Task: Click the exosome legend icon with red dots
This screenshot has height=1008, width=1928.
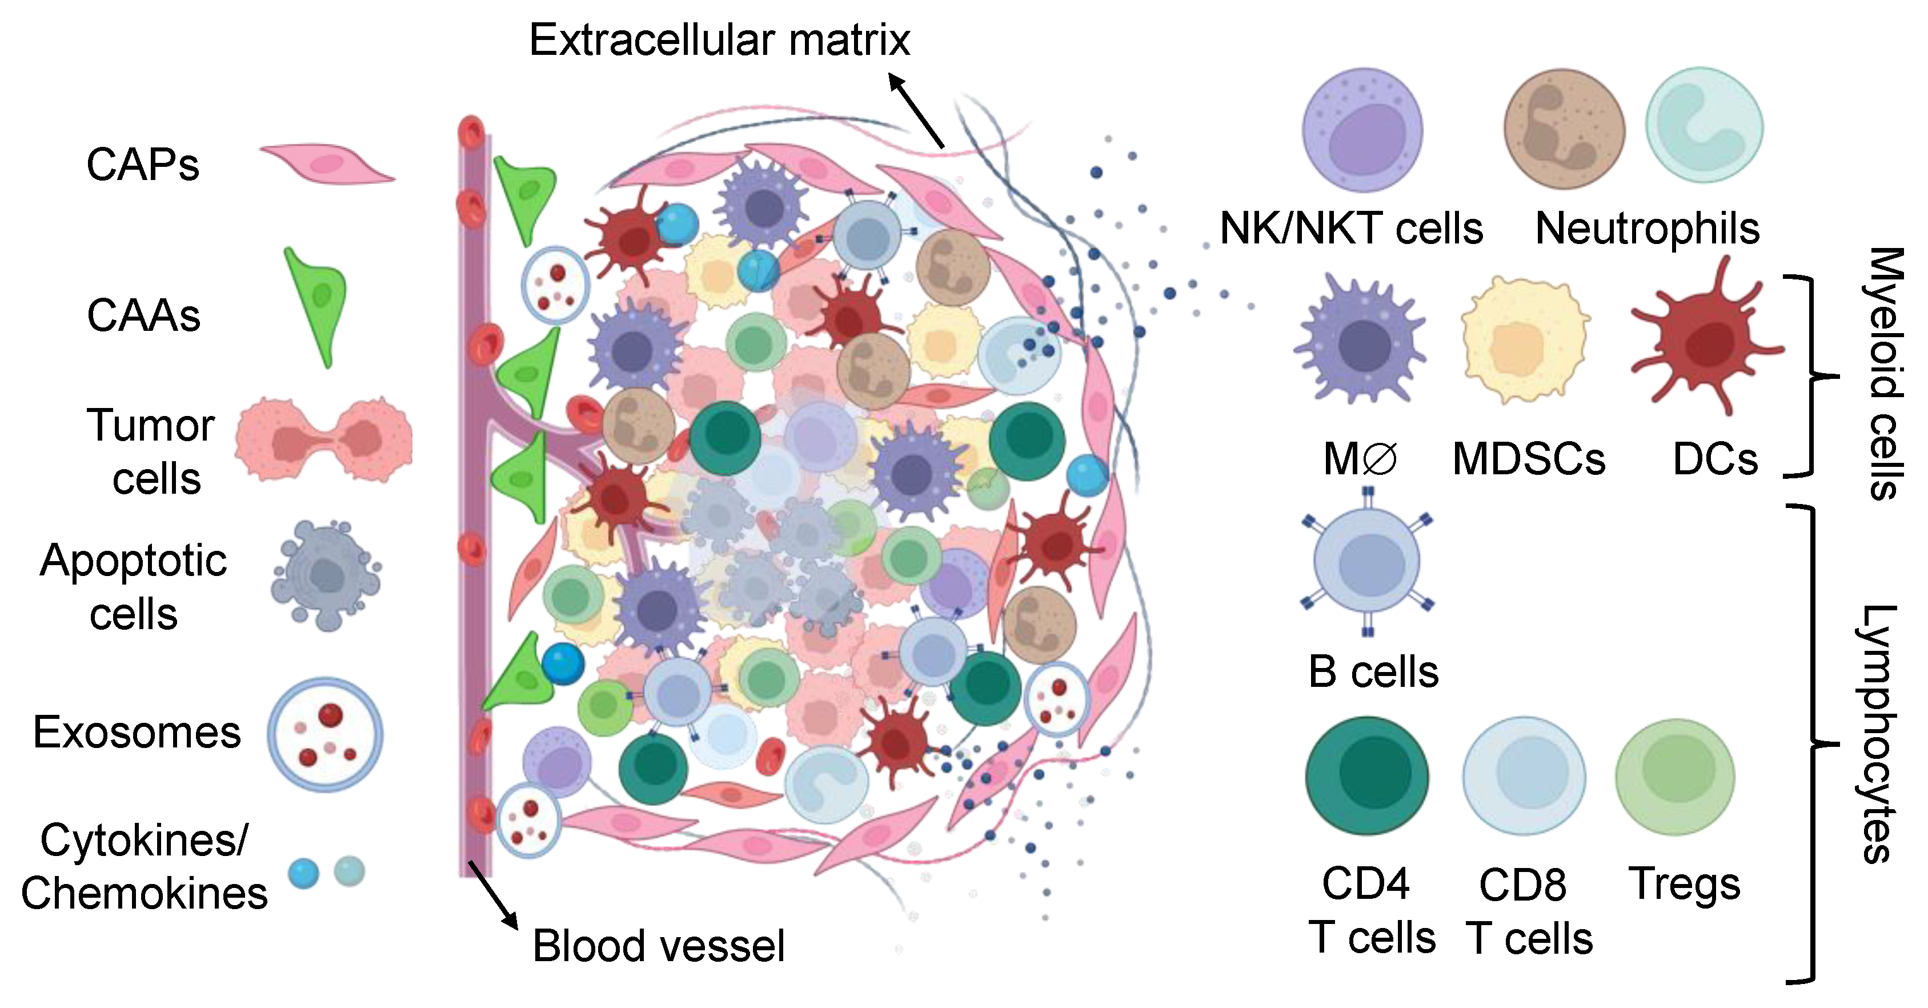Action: pos(325,735)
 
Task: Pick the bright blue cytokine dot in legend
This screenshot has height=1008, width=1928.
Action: pos(304,873)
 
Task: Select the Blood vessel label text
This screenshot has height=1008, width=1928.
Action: pos(658,945)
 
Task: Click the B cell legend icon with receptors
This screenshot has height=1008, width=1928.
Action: pos(1366,563)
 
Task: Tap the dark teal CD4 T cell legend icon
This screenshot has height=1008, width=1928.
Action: pos(1366,776)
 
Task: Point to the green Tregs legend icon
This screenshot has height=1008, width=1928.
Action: pos(1675,776)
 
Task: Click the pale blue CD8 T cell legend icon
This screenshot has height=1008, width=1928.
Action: pos(1524,776)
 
